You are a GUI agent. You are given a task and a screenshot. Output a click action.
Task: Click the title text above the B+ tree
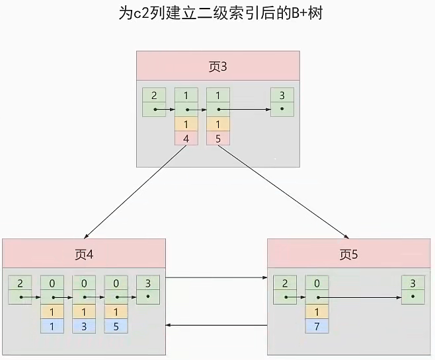(x=218, y=15)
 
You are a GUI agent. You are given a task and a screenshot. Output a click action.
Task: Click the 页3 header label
(x=218, y=66)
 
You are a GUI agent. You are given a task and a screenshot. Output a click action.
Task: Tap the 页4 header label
(x=83, y=254)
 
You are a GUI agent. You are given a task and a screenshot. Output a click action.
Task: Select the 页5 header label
(x=348, y=254)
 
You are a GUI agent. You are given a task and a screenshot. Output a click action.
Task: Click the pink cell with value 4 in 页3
(x=186, y=138)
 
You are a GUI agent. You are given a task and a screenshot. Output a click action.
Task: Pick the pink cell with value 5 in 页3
(x=217, y=138)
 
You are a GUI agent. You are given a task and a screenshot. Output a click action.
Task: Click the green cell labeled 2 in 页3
(x=153, y=96)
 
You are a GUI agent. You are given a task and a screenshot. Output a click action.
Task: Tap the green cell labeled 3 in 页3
(x=282, y=96)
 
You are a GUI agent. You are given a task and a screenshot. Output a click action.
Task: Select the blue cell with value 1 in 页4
(x=52, y=326)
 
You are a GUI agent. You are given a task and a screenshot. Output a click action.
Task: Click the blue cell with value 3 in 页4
(x=83, y=326)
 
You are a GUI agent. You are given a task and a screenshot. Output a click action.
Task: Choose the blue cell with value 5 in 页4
(x=115, y=326)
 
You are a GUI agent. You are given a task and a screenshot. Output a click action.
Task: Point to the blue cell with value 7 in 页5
(x=317, y=326)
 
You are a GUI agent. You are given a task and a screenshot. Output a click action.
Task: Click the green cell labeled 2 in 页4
(x=20, y=283)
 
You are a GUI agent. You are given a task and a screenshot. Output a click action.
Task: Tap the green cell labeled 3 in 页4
(x=147, y=283)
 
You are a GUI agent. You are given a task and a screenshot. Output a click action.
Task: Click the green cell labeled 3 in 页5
(x=413, y=283)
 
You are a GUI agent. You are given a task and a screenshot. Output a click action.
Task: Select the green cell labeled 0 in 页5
(x=317, y=283)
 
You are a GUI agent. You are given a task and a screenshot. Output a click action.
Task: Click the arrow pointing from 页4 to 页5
(x=216, y=278)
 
